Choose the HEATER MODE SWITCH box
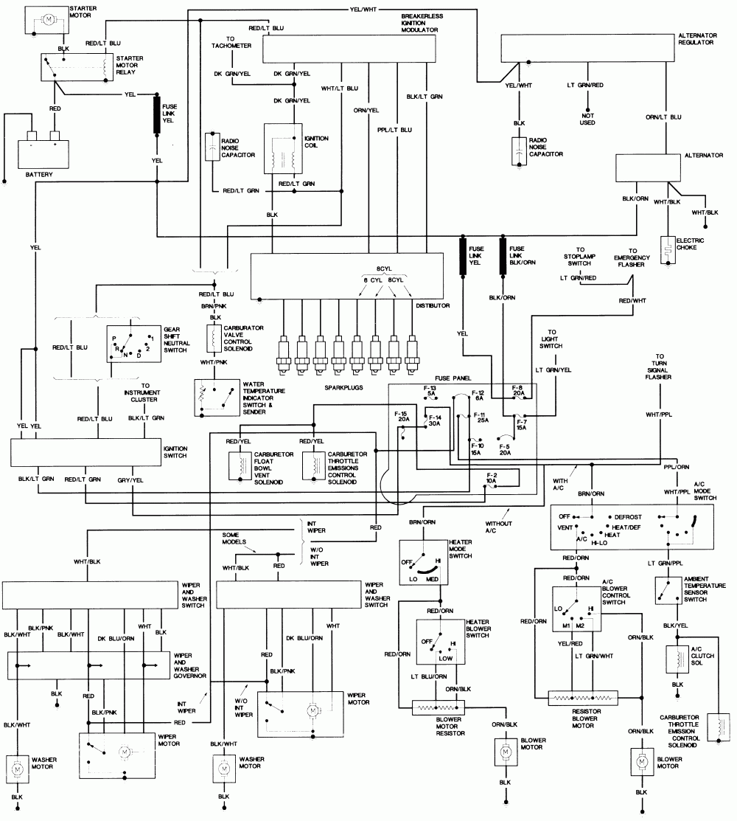(x=422, y=562)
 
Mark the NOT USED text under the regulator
(x=587, y=119)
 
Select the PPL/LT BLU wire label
(x=396, y=130)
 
